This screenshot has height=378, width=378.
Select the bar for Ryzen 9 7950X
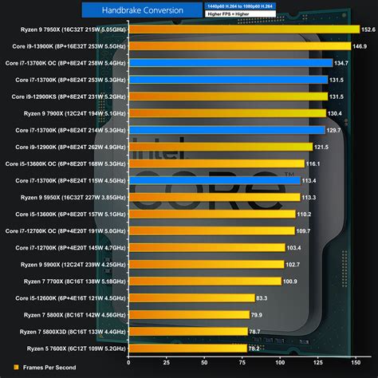click(x=243, y=29)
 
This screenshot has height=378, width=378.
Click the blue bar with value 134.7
click(x=230, y=62)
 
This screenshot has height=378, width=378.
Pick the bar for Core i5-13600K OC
click(x=215, y=163)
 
